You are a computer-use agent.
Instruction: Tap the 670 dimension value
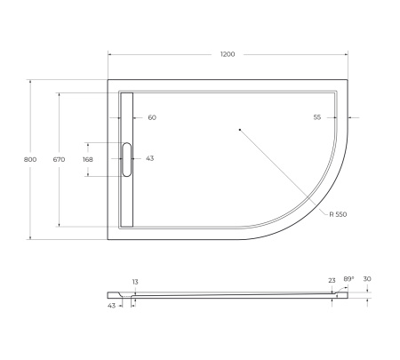tap(60, 159)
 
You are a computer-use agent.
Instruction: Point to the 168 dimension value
tap(87, 159)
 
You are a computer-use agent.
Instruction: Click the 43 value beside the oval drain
tap(149, 159)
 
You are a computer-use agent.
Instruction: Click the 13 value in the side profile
tap(135, 282)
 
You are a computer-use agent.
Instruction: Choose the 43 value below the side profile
tap(112, 306)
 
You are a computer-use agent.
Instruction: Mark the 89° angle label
tap(348, 278)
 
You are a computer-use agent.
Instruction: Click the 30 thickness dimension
tap(367, 279)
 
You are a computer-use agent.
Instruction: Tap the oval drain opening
tap(126, 159)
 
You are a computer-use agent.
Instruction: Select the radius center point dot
tap(240, 131)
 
